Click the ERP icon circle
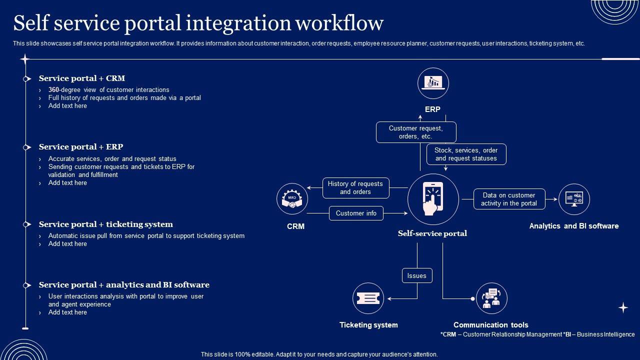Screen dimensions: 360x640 point(433,83)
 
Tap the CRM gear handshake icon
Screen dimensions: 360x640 point(292,199)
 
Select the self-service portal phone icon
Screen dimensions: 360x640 point(433,199)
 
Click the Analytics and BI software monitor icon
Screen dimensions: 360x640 point(574,199)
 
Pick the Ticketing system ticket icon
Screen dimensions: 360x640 point(368,298)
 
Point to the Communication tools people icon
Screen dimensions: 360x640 point(491,298)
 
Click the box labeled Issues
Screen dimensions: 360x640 point(417,275)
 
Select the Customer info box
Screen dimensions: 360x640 point(356,213)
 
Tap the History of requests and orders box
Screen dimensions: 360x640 point(355,188)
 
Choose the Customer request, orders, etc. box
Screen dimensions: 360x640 point(416,132)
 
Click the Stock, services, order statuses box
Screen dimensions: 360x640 point(466,154)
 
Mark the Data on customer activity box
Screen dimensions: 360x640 point(508,199)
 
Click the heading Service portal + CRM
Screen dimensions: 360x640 point(82,78)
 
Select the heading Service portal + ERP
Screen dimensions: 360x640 point(81,147)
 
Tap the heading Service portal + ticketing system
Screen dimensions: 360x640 point(106,224)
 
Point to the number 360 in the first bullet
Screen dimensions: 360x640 point(54,90)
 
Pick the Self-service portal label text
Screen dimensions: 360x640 point(432,233)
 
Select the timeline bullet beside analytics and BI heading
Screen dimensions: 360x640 point(26,285)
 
